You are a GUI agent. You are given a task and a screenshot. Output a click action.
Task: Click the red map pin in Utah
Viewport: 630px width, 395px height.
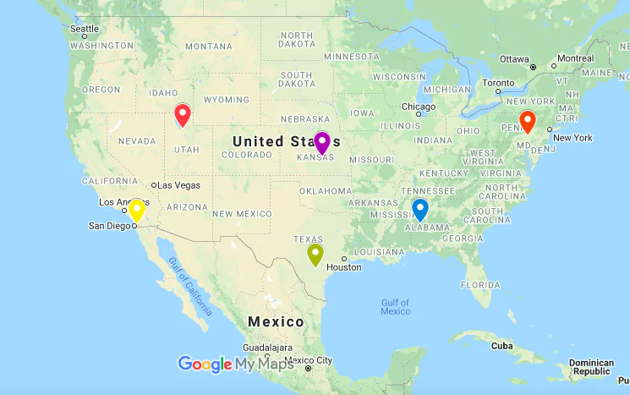183,114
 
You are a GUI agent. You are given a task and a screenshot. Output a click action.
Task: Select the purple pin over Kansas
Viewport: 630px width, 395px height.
322,142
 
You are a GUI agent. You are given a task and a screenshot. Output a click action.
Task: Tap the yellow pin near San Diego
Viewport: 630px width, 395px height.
137,209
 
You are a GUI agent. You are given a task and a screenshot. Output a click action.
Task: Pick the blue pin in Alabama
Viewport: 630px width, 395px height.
420,208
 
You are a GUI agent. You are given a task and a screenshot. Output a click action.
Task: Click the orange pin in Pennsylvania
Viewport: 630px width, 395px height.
528,121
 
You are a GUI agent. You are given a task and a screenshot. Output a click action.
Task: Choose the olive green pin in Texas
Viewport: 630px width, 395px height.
315,253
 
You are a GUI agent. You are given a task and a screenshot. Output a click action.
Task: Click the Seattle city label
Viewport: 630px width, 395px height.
85,29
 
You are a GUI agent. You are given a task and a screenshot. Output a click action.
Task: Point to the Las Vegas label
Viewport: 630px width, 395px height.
178,185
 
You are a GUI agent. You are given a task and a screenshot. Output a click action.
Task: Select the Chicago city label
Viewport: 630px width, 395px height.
419,107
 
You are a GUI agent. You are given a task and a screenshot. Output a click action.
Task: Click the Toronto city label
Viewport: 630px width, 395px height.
499,84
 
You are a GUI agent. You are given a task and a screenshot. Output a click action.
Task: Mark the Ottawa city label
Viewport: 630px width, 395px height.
514,59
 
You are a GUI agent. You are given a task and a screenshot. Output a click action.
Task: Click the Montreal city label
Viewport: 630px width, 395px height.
575,58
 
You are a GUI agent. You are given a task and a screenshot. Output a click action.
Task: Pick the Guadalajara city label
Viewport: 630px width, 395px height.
267,348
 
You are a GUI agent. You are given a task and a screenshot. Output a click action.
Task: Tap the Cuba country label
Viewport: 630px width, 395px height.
503,345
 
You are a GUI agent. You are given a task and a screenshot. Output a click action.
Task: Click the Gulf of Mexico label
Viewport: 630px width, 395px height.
395,306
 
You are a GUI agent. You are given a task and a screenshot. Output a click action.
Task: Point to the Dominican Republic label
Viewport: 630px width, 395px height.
591,366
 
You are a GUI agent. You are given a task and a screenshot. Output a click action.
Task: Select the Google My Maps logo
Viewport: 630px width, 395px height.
236,364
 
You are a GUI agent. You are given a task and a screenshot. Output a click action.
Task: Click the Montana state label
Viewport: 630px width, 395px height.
208,46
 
